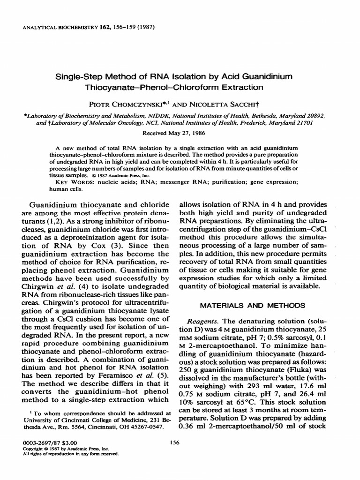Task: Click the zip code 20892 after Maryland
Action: point(316,114)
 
